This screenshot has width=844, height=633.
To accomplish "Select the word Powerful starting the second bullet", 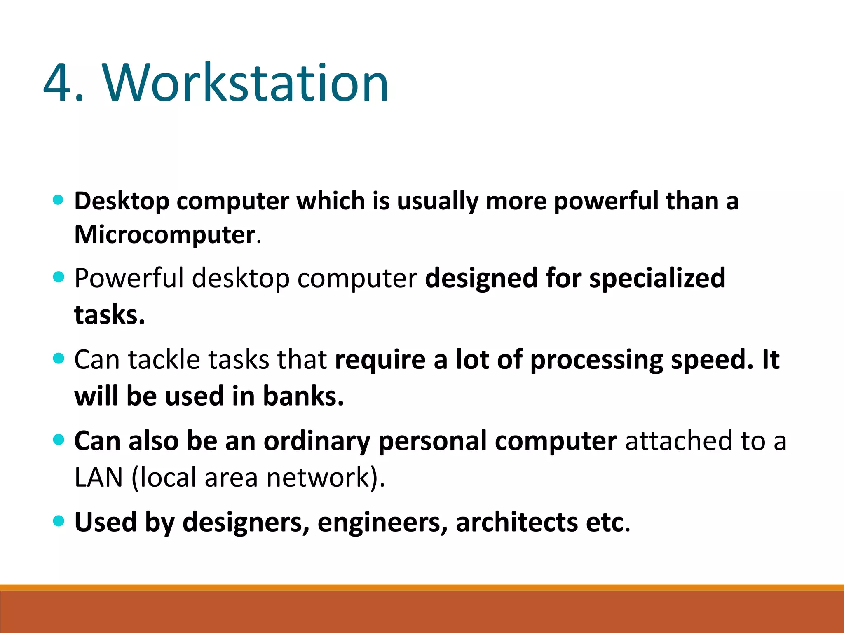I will point(129,278).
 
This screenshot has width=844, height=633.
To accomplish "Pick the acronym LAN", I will point(98,478).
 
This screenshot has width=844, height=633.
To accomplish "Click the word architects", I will point(517,523).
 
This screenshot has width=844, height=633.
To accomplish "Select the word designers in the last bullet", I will point(246,523).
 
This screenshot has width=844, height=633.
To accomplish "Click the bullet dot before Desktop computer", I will point(59,200).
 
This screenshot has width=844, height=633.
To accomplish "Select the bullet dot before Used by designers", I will point(59,521).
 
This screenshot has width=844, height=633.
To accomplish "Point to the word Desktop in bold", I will point(122,202).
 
